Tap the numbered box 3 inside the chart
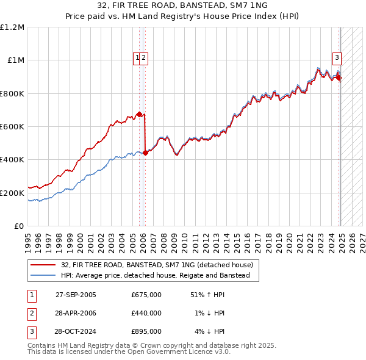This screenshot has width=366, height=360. (336, 58)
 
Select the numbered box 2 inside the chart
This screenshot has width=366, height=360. (145, 58)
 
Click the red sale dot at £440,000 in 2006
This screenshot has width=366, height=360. (145, 153)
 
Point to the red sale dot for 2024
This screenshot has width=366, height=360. (339, 77)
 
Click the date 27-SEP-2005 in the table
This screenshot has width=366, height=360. (76, 295)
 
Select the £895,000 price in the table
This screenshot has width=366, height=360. (146, 331)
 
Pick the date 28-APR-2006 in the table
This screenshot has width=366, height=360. (76, 313)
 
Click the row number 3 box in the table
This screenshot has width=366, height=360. (31, 331)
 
